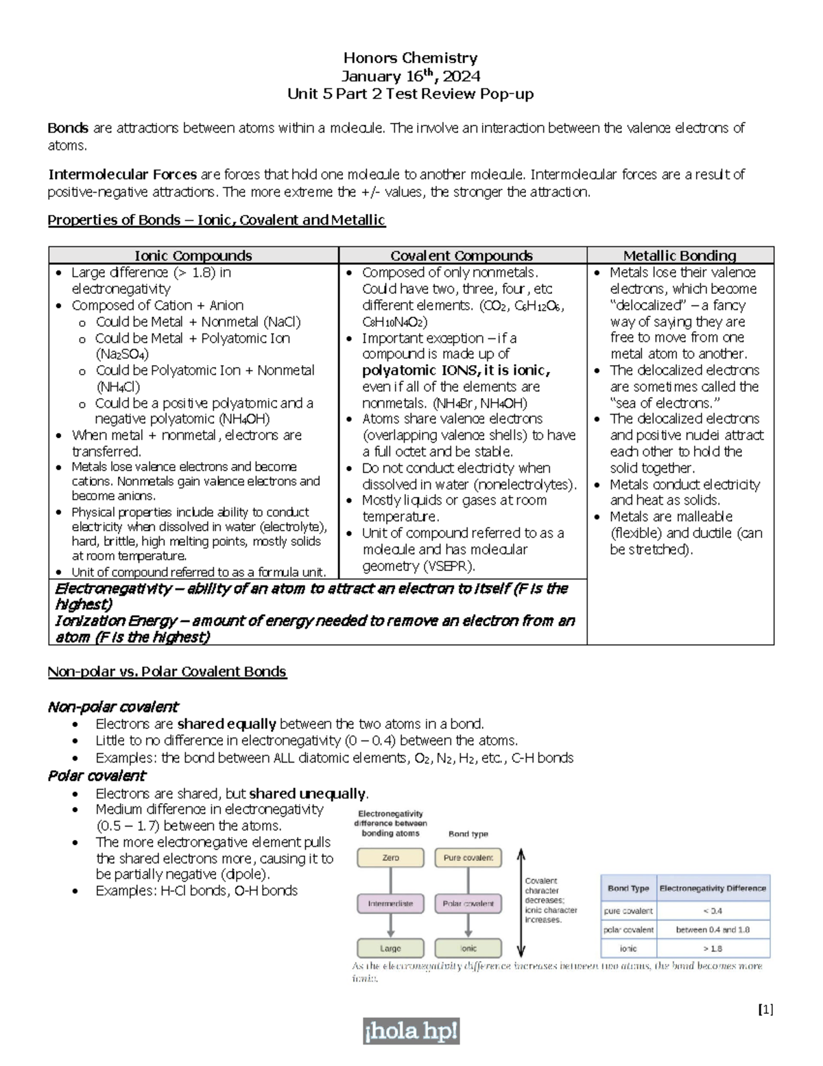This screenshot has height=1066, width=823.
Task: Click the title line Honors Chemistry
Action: coord(410,58)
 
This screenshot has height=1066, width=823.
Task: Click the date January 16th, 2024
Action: coord(410,76)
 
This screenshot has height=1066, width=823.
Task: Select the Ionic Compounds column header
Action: coord(193,255)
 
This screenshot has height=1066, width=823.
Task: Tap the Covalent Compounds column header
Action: coord(462,255)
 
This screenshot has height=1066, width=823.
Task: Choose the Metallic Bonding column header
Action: coord(680,255)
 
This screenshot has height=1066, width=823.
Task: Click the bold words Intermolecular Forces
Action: coord(122,174)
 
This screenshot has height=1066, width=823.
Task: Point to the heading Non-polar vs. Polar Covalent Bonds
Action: coord(167,671)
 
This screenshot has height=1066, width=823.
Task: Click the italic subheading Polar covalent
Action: coord(96,776)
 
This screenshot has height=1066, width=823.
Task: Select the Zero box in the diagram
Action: coord(390,857)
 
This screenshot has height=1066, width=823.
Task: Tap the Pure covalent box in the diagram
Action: coord(468,857)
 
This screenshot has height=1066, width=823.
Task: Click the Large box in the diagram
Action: coord(390,949)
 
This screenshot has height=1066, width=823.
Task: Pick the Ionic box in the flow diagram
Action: coord(468,949)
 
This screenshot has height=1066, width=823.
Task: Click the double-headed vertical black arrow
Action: coord(521,903)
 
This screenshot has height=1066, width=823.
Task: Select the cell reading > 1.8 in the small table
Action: coord(713,949)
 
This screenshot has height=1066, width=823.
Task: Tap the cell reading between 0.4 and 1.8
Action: coord(713,929)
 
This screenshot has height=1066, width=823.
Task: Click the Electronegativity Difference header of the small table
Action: coord(713,888)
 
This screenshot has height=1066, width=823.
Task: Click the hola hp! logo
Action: coord(411,1032)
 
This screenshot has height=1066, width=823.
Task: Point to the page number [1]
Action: coord(765,1009)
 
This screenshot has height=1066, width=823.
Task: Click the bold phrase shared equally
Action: coord(226,723)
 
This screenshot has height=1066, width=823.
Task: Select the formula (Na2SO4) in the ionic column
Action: coord(122,354)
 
